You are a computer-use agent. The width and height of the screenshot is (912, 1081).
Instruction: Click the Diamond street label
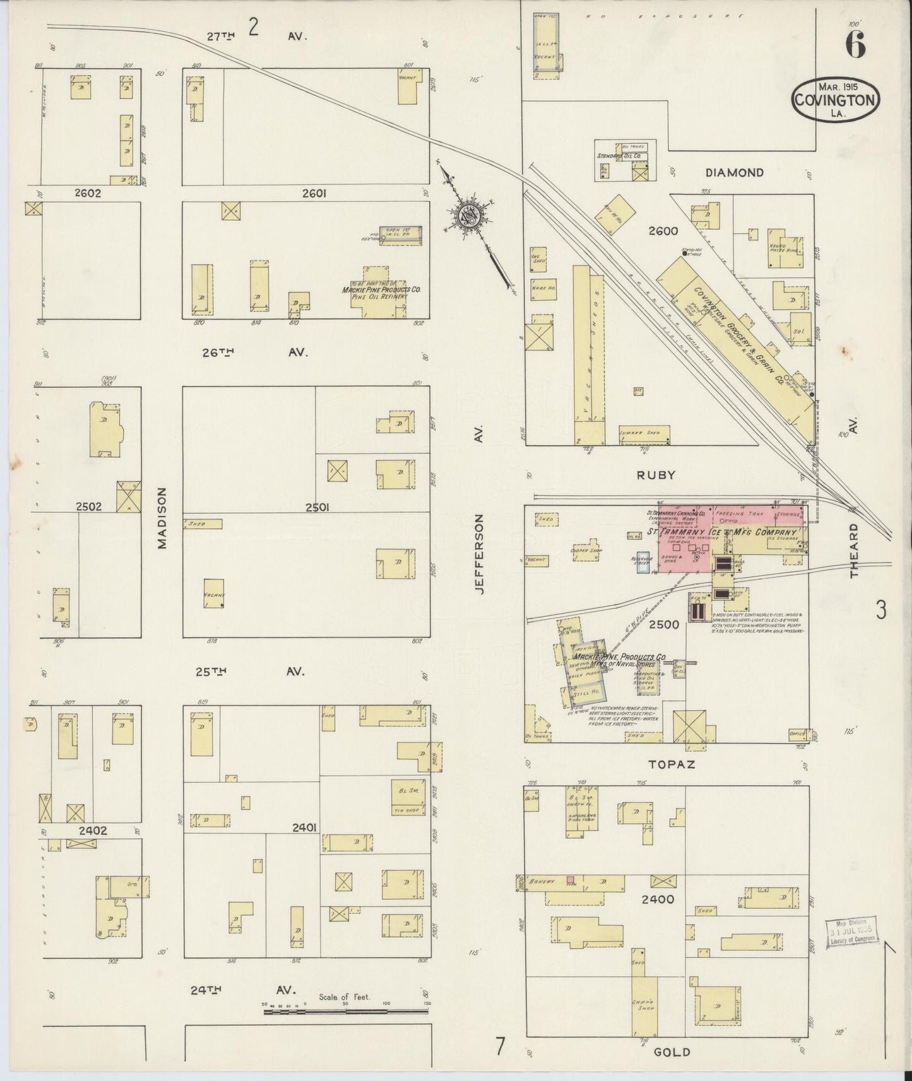734,172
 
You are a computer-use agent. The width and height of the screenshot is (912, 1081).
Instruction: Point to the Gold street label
672,1051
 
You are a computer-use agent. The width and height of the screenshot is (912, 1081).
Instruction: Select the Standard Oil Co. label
619,155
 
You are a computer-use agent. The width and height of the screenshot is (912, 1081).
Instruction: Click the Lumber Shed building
644,434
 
